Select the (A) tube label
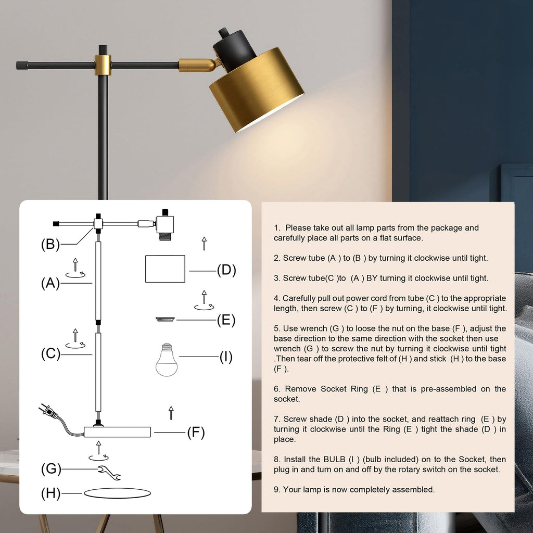pyautogui.click(x=50, y=283)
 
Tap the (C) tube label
pyautogui.click(x=50, y=354)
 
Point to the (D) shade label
pyautogui.click(x=226, y=270)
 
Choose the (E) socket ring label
pyautogui.click(x=226, y=320)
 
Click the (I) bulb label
pyautogui.click(x=226, y=357)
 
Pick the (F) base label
pyautogui.click(x=196, y=432)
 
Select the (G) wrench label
pyautogui.click(x=50, y=469)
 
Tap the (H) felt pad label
pyautogui.click(x=50, y=493)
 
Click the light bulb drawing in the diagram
pyautogui.click(x=167, y=360)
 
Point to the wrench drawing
pyautogui.click(x=110, y=473)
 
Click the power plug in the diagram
pyautogui.click(x=48, y=412)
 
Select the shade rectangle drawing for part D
pyautogui.click(x=165, y=269)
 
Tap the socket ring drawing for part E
pyautogui.click(x=165, y=319)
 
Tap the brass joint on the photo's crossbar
pyautogui.click(x=103, y=65)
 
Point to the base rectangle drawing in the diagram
pyautogui.click(x=118, y=432)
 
